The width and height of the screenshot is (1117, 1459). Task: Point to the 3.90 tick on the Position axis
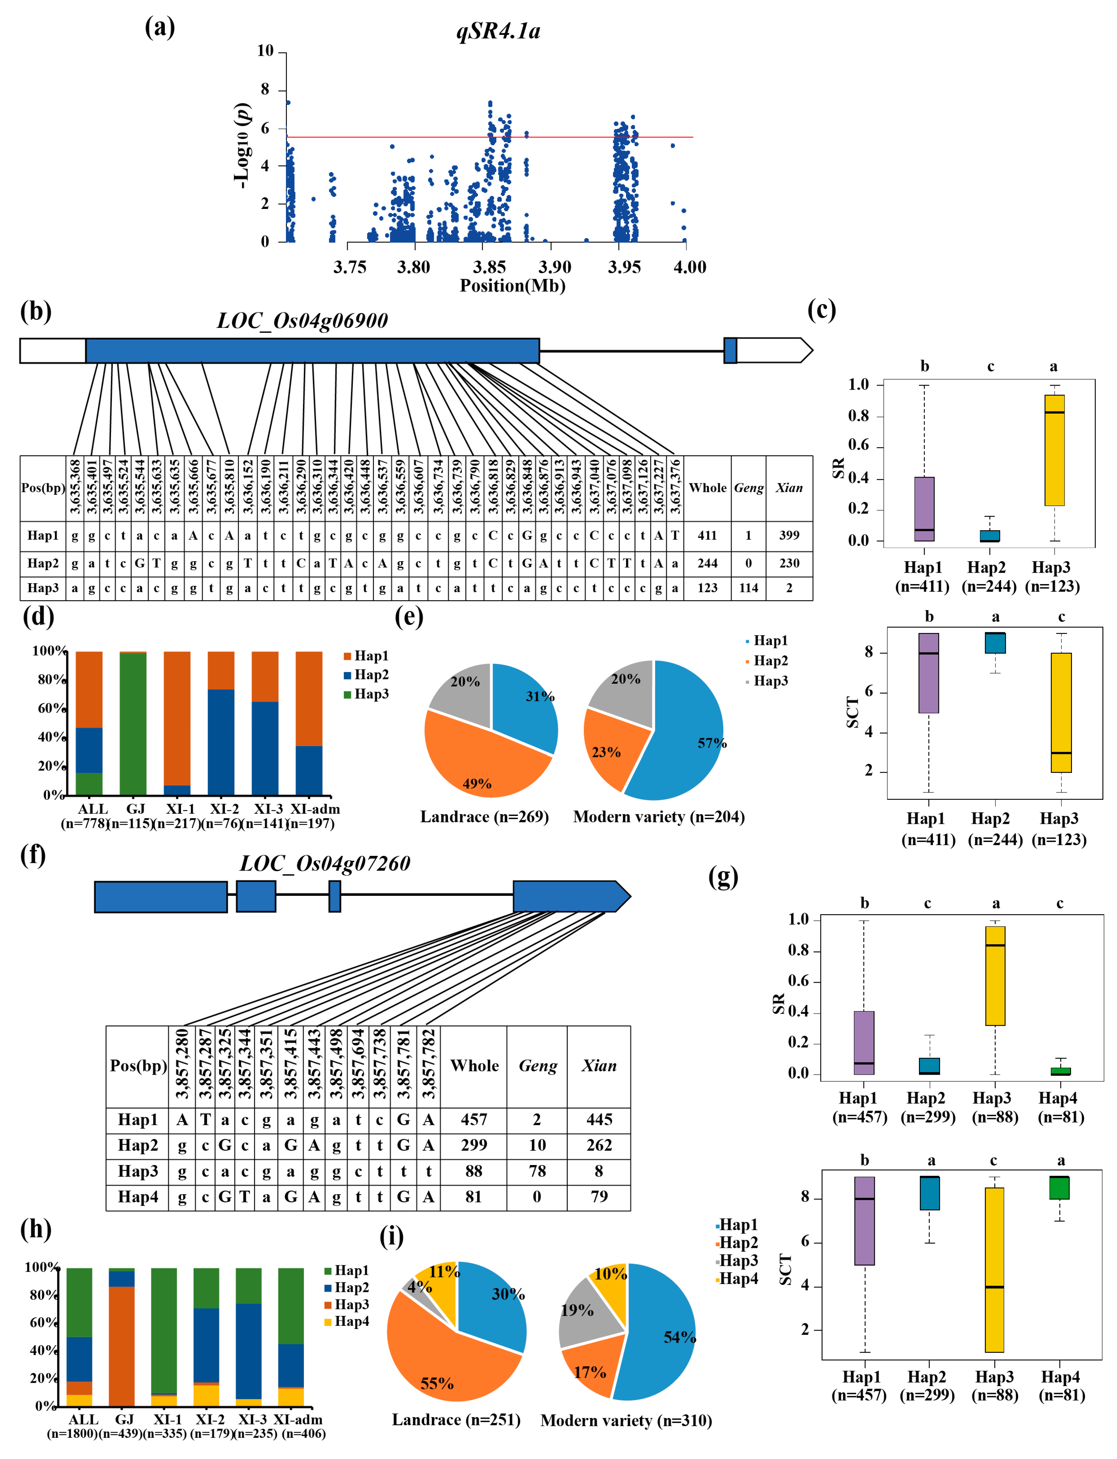pyautogui.click(x=554, y=267)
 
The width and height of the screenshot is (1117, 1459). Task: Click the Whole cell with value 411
pyautogui.click(x=707, y=535)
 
